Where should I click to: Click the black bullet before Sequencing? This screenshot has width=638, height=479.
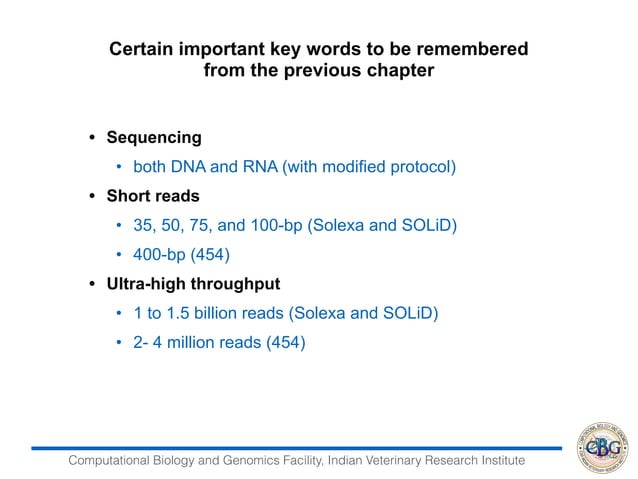[x=92, y=138]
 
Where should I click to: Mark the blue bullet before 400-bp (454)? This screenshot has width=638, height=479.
[x=120, y=254]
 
